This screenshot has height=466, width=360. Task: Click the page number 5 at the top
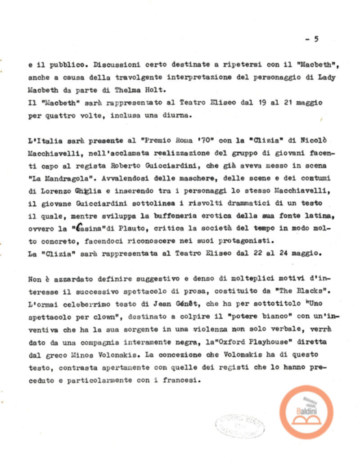(x=316, y=39)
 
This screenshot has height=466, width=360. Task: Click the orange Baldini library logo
(x=306, y=412)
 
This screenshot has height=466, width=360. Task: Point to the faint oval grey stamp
(x=239, y=425)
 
